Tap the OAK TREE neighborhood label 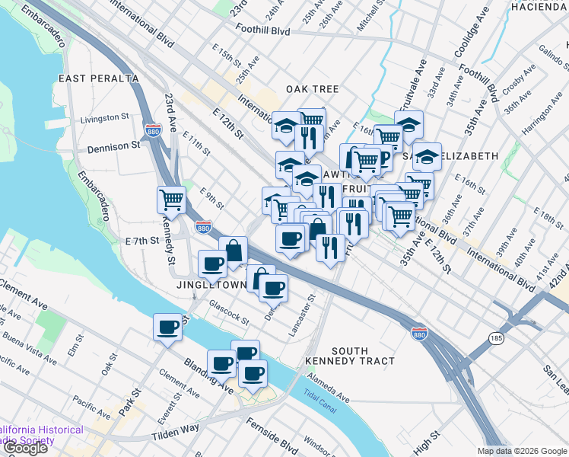pyautogui.click(x=312, y=89)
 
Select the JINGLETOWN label pyautogui.click(x=210, y=285)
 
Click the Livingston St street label pyautogui.click(x=105, y=118)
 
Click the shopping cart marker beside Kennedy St pyautogui.click(x=172, y=200)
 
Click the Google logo pyautogui.click(x=24, y=448)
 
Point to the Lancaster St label pyautogui.click(x=301, y=317)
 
